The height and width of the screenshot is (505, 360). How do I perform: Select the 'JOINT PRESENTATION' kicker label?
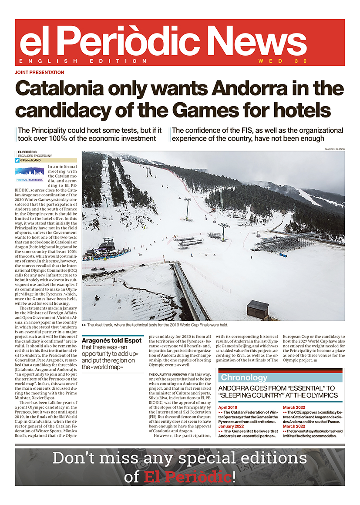tap(39, 72)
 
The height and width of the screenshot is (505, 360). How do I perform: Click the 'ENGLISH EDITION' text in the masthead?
tap(83, 61)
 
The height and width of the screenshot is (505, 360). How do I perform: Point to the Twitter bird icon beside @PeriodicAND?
tap(17, 160)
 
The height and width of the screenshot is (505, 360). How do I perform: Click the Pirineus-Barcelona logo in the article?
tap(30, 174)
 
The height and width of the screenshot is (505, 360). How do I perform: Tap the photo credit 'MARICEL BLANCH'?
tap(335, 149)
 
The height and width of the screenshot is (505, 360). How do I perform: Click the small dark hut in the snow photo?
tap(258, 309)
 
